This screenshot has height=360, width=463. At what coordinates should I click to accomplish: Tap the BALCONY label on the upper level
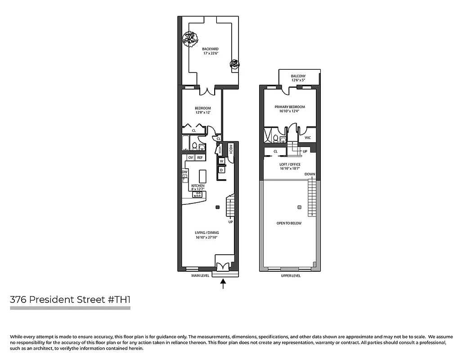pyautogui.click(x=298, y=76)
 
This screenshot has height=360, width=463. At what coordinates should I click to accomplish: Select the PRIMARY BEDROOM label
pyautogui.click(x=290, y=107)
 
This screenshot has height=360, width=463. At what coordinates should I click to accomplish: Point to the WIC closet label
pyautogui.click(x=308, y=138)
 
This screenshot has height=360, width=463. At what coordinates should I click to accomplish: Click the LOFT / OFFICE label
pyautogui.click(x=290, y=165)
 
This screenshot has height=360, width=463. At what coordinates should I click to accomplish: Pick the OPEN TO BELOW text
pyautogui.click(x=289, y=223)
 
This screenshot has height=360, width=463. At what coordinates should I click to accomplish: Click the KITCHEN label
pyautogui.click(x=198, y=186)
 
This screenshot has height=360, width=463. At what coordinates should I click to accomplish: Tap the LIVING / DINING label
pyautogui.click(x=207, y=233)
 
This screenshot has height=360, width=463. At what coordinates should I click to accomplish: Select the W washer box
pyautogui.click(x=221, y=161)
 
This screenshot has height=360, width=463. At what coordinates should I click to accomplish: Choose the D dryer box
pyautogui.click(x=221, y=170)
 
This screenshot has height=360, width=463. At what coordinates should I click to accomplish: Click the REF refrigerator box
pyautogui.click(x=200, y=157)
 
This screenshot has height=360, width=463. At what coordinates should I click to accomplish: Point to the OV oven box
pyautogui.click(x=190, y=157)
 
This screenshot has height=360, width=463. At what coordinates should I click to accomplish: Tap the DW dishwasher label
pyautogui.click(x=184, y=172)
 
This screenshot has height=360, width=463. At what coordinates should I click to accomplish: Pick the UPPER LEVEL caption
pyautogui.click(x=290, y=276)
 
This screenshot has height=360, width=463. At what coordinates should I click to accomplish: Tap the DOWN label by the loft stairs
pyautogui.click(x=310, y=174)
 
